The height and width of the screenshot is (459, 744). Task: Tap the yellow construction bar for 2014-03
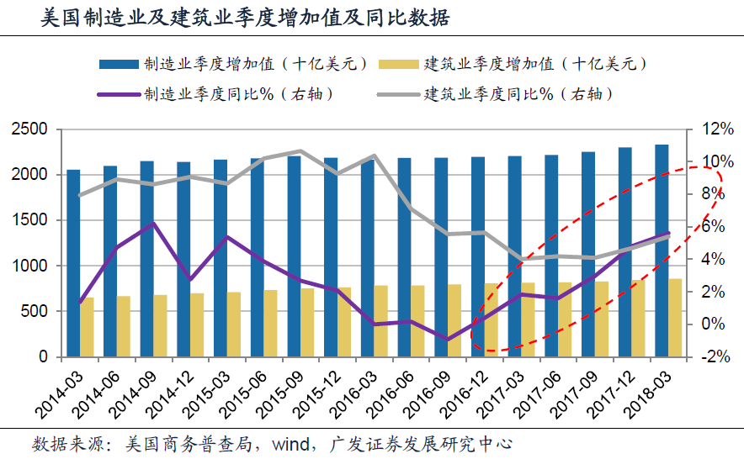click(88, 327)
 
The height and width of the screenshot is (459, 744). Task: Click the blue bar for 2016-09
click(442, 256)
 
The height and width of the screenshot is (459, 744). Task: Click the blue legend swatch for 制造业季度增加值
click(119, 65)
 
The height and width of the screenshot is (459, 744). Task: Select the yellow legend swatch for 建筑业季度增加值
click(399, 65)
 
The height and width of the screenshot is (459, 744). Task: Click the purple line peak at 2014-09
click(153, 223)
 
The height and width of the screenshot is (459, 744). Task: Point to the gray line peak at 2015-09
click(300, 151)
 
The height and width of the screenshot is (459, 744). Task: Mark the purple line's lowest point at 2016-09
click(448, 340)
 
